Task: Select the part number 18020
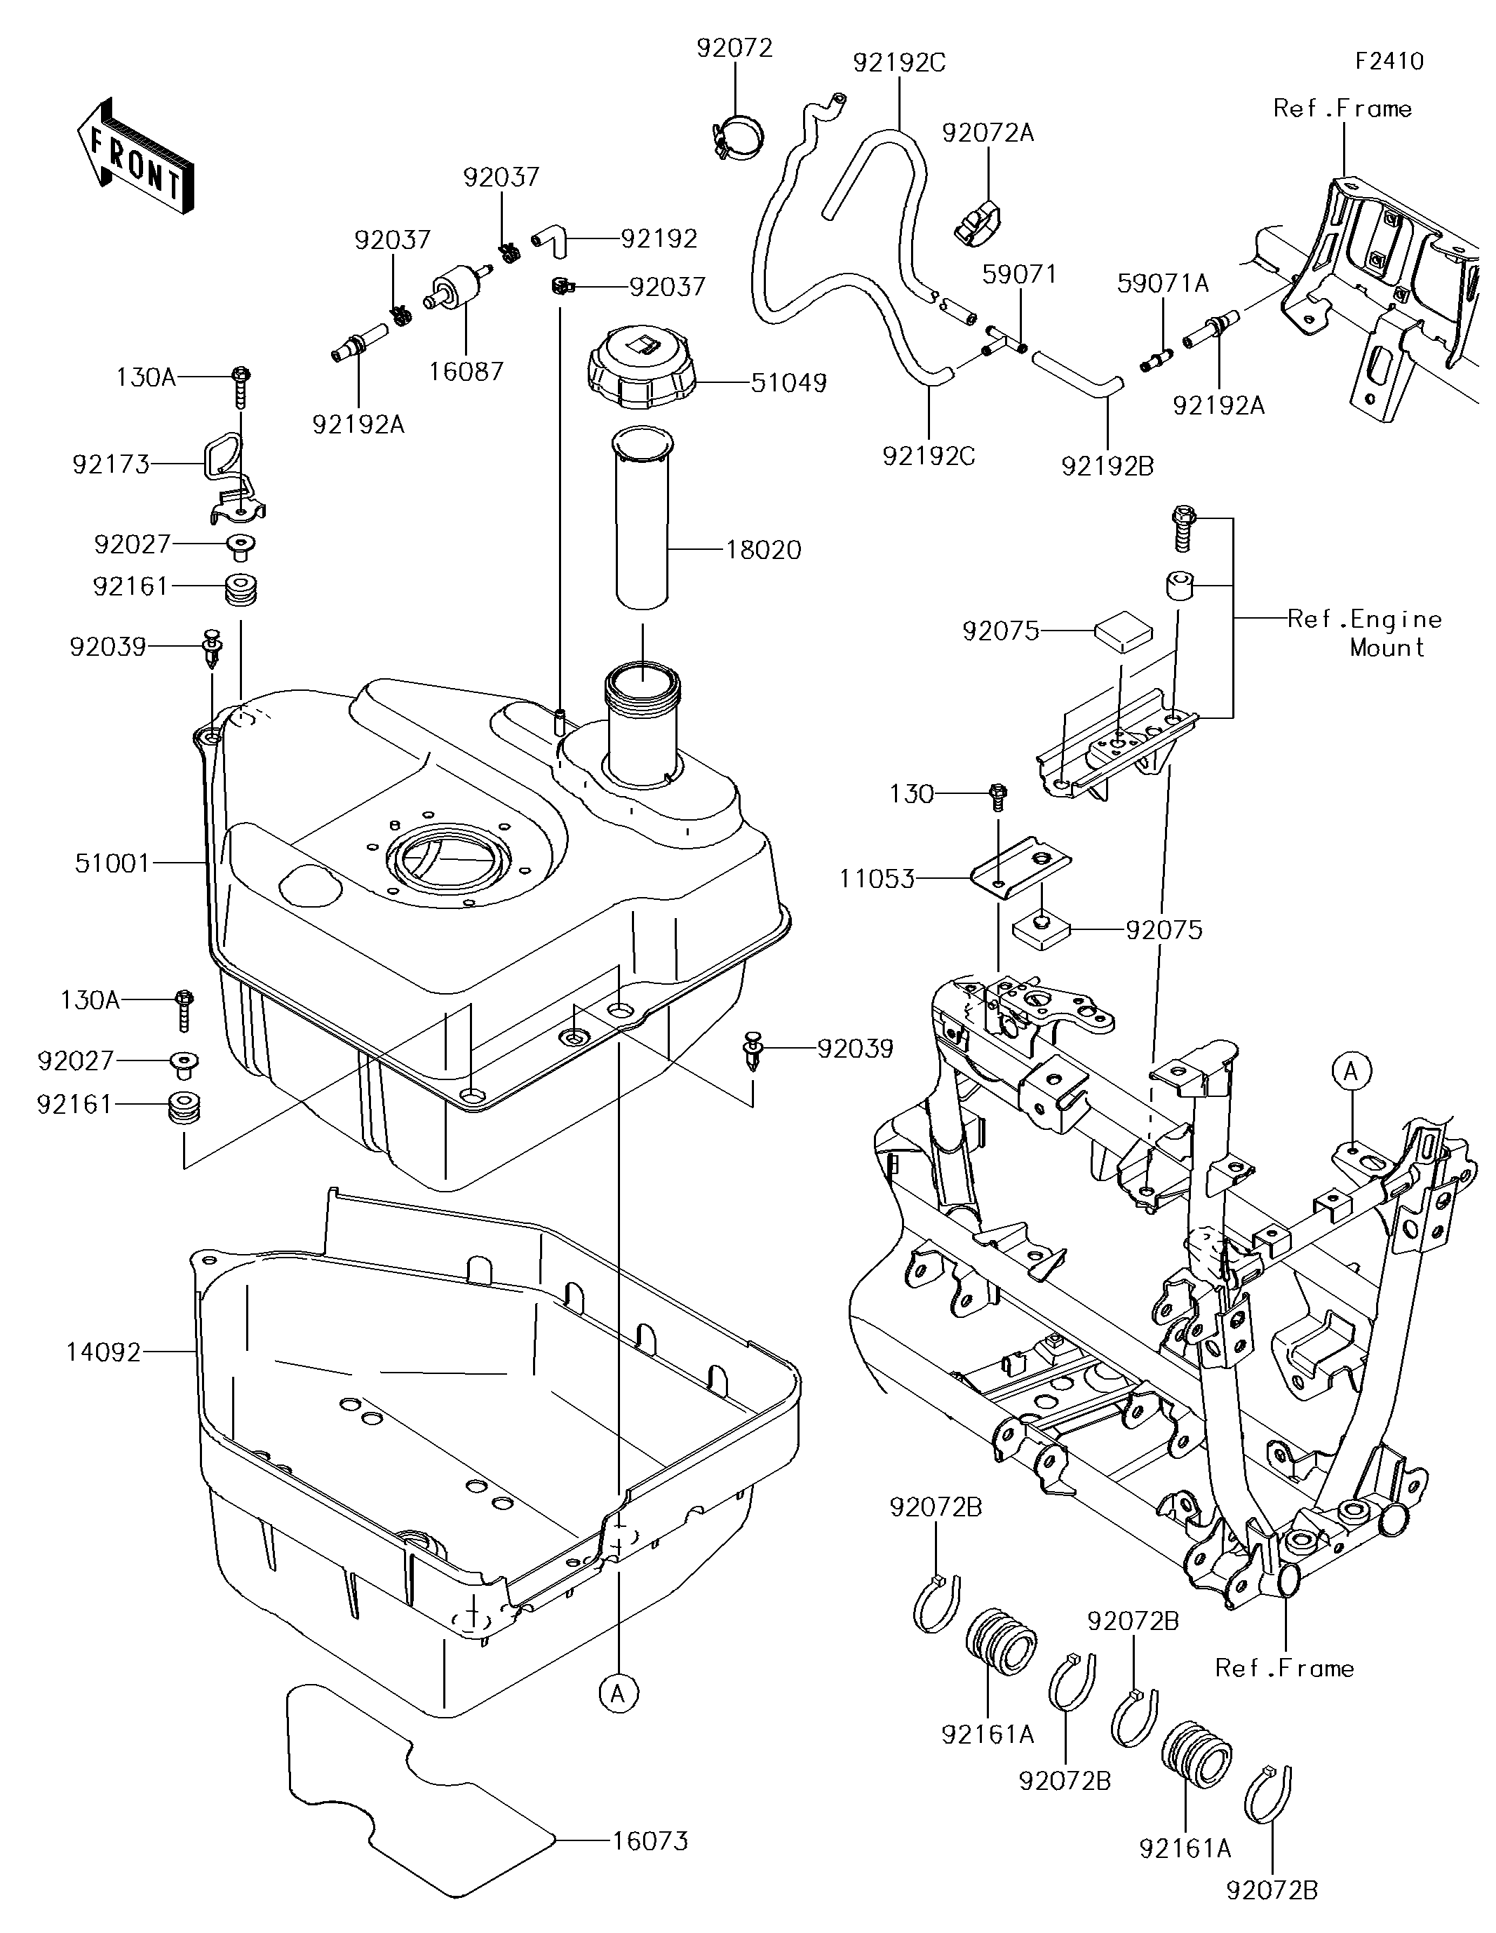point(763,551)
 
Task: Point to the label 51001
point(112,863)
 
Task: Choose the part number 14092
point(104,1352)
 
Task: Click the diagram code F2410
point(1389,61)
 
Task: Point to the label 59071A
point(1162,283)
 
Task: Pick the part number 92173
point(111,464)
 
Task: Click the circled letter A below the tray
point(618,1693)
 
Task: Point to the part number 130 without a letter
point(912,794)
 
